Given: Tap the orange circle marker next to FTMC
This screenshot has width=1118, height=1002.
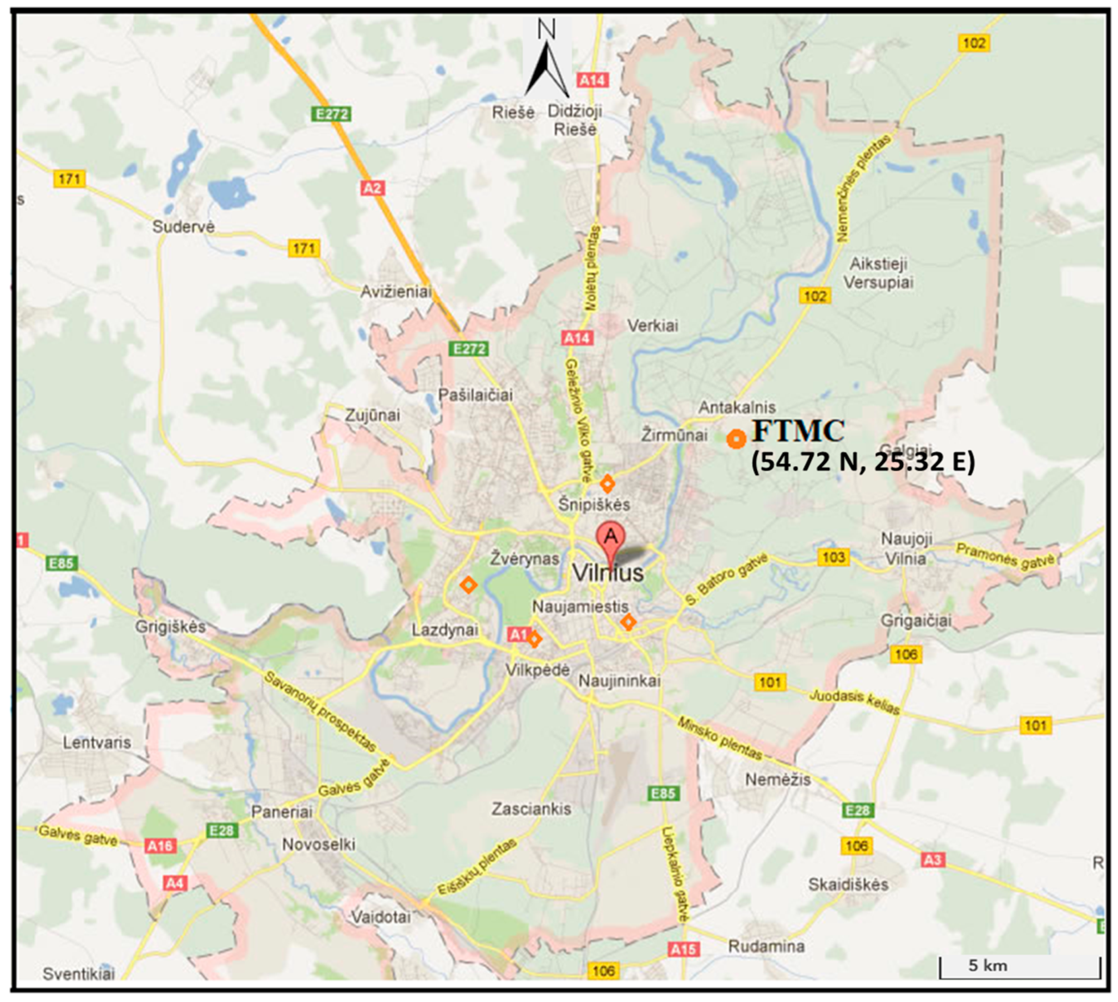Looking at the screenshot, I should [736, 439].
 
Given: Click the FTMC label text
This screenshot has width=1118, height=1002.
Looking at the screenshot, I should [798, 431].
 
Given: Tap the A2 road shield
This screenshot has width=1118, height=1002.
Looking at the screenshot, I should [372, 188].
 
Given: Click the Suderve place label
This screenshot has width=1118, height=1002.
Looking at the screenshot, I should [183, 226].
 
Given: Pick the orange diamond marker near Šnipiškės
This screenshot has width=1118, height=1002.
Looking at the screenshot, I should [608, 484].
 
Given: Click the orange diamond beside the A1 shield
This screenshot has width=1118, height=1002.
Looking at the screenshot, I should [534, 639].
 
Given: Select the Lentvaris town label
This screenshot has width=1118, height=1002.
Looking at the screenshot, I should [97, 742].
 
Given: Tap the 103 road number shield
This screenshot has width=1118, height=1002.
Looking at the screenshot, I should [833, 557].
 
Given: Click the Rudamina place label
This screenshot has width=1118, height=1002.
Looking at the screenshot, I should [766, 946].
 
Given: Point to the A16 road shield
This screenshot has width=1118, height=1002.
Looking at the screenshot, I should [160, 846].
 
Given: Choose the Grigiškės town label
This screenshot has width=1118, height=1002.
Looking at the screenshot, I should [170, 627].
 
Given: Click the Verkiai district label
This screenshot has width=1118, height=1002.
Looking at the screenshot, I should [652, 325].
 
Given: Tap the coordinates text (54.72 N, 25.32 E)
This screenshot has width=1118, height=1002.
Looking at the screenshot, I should [863, 461].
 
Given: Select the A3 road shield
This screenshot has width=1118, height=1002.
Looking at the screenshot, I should [932, 859].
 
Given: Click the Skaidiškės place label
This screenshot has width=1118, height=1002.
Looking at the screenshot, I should [848, 884].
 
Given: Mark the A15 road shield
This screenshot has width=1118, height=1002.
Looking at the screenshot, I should [683, 949].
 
